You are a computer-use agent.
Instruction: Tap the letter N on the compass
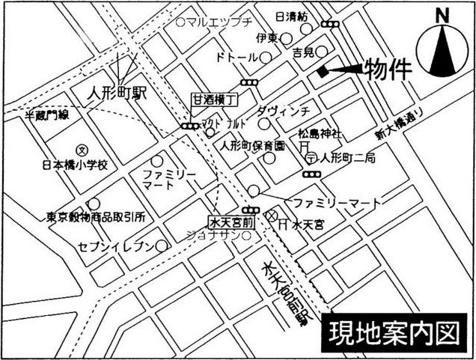coord(443,15)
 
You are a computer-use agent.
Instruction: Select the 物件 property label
coord(388,70)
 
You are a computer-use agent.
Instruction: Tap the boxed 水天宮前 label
coord(232,222)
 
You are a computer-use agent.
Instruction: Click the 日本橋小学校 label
coord(76,164)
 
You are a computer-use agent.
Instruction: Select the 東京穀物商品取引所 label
coord(95,217)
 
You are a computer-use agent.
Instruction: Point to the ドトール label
coord(237,57)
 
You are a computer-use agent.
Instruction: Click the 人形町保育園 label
coord(252,145)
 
